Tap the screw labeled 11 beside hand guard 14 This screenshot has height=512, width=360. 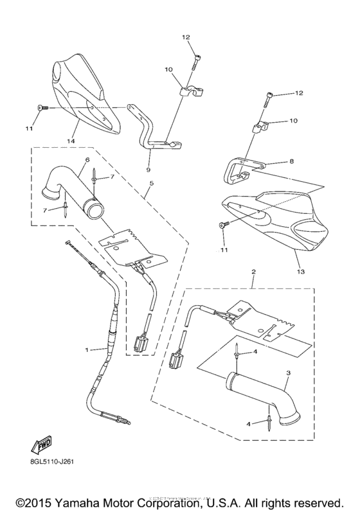pos(42,107)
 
